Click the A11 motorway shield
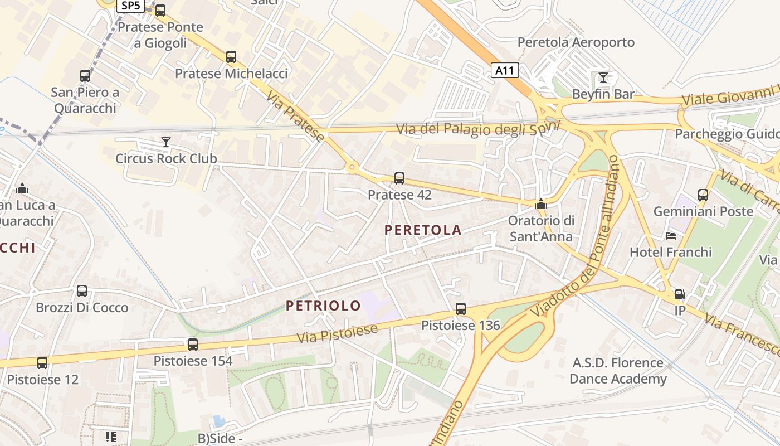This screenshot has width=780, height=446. tap(505, 70)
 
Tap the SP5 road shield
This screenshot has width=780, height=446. tap(130, 6)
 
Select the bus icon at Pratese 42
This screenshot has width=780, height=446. tap(399, 178)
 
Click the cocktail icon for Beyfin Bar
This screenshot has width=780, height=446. tap(603, 77)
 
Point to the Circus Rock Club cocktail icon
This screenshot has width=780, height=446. tap(165, 142)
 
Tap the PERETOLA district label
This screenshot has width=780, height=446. tap(423, 230)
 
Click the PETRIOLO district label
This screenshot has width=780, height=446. tap(323, 306)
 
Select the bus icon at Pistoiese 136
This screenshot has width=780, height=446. tap(460, 309)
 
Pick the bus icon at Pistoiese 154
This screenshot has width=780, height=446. tap(193, 345)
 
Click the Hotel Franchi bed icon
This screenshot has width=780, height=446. tap(671, 236)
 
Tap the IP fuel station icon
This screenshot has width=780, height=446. tap(680, 294)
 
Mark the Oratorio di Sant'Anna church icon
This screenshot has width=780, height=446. tap(540, 205)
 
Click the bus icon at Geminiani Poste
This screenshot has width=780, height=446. tap(703, 195)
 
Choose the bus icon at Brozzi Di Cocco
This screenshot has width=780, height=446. tap(82, 291)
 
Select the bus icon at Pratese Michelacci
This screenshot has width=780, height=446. tap(231, 57)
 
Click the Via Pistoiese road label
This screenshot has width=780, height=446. tap(337, 333)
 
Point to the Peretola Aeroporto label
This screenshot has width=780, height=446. tap(576, 42)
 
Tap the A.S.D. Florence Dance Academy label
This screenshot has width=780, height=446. tap(618, 371)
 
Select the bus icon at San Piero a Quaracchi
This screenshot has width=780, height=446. tap(85, 76)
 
